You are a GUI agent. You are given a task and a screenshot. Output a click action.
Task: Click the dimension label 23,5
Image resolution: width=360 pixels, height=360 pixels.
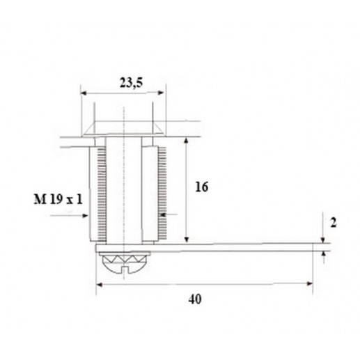pyautogui.click(x=131, y=83)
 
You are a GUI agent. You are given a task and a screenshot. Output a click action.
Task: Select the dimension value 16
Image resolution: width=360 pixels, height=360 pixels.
pyautogui.click(x=201, y=187)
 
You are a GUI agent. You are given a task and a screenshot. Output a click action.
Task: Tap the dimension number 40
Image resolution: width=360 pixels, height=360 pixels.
pyautogui.click(x=195, y=299)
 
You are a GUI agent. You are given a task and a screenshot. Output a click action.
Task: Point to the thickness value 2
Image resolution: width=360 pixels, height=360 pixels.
pyautogui.click(x=334, y=223)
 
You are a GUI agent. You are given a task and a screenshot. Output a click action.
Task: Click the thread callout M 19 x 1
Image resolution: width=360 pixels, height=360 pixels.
pyautogui.click(x=58, y=199)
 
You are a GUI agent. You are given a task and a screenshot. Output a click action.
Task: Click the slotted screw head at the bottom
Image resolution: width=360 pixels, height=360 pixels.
pyautogui.click(x=125, y=267)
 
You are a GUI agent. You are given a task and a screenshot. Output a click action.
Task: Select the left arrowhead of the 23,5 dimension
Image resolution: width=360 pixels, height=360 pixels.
pyautogui.click(x=84, y=93)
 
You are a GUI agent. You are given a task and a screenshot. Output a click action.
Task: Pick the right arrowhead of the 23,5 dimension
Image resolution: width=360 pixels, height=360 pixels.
pyautogui.click(x=161, y=93)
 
